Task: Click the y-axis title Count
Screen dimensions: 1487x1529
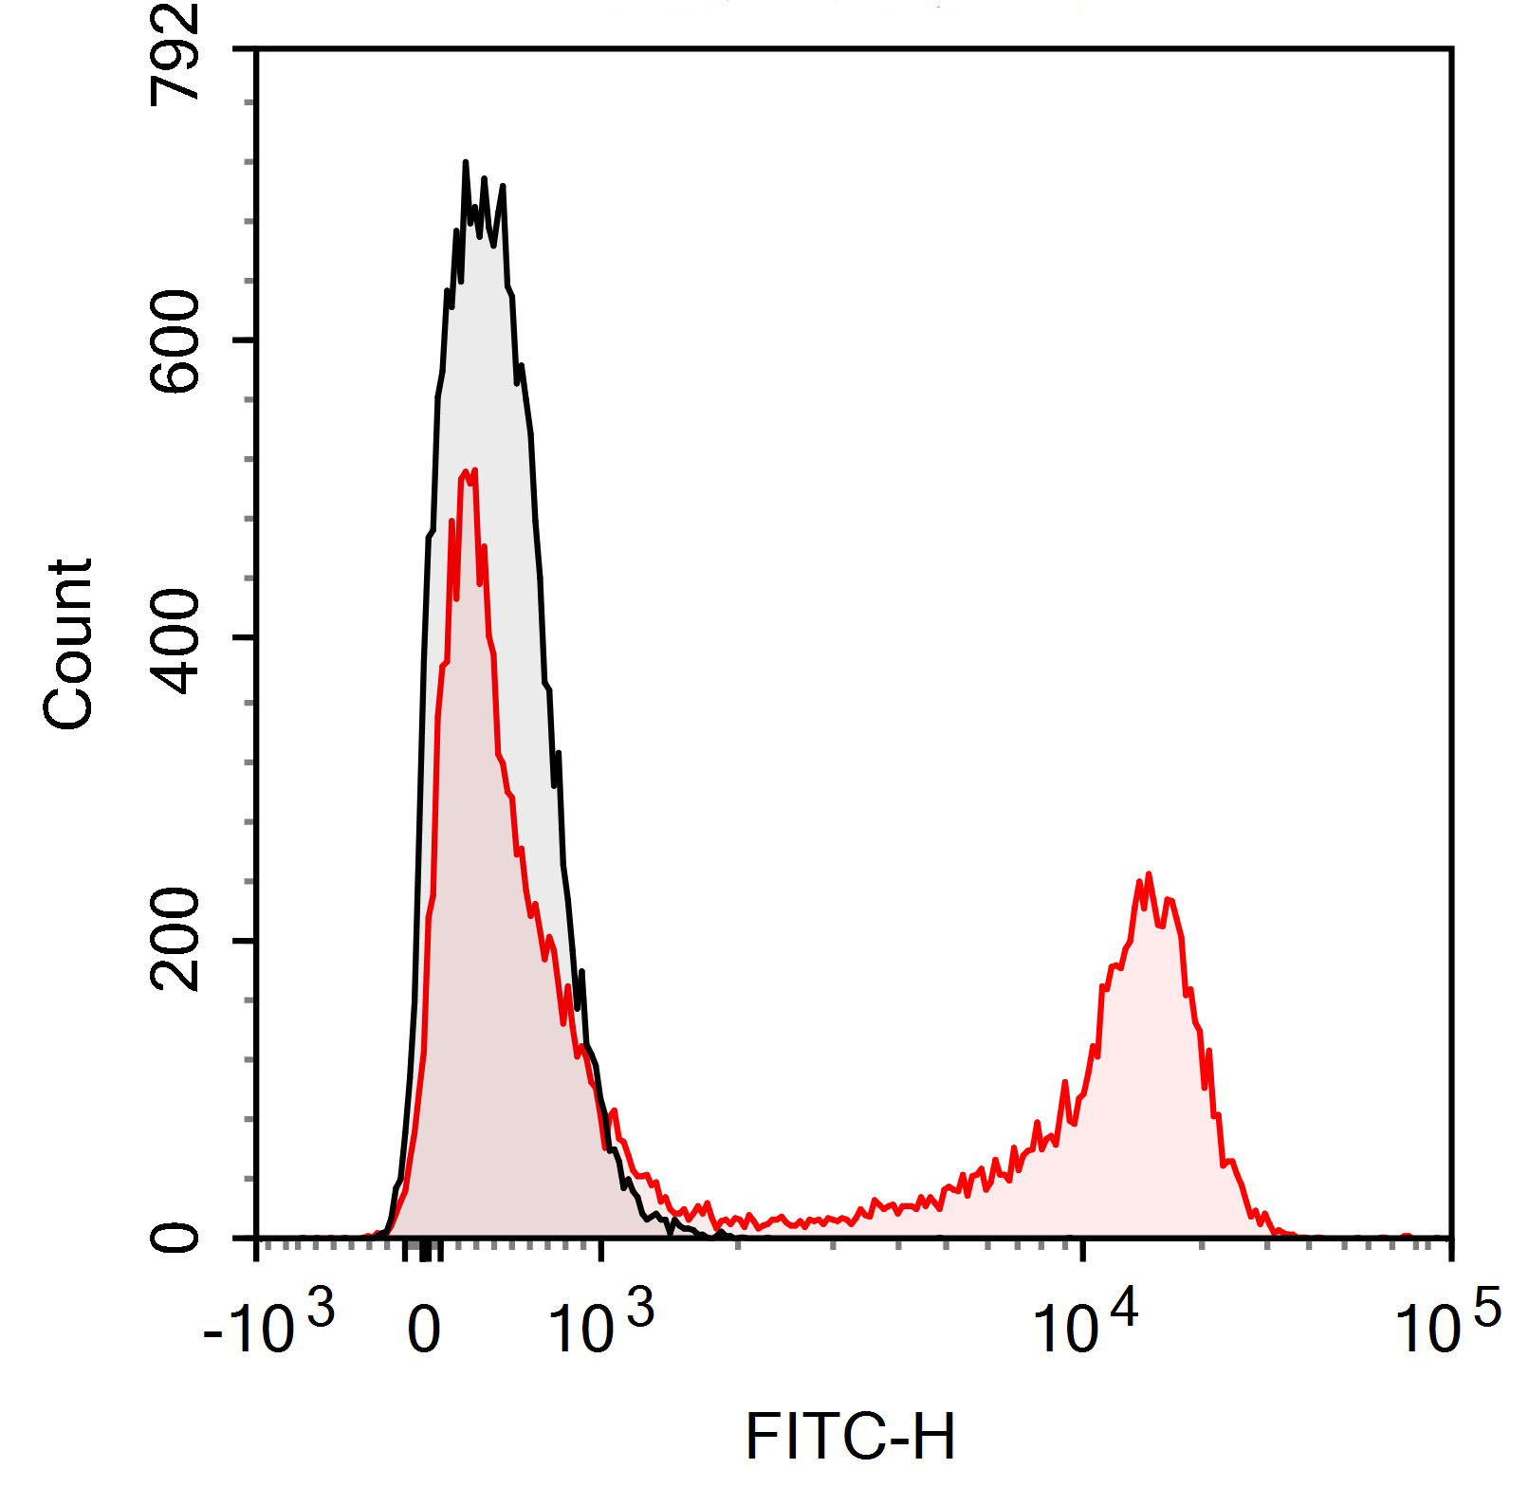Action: [68, 645]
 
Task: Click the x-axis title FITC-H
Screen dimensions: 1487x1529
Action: [850, 1437]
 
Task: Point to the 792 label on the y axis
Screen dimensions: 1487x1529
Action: [177, 52]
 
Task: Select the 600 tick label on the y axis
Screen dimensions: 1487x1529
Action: [177, 340]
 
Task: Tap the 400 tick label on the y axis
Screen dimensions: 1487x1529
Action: [177, 637]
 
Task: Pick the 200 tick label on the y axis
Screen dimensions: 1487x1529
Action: [177, 940]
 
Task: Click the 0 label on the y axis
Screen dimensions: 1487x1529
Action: [177, 1238]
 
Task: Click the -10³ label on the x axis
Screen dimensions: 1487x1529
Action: [268, 1326]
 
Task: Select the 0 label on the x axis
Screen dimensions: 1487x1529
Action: [424, 1331]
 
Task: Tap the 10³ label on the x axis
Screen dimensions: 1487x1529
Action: [600, 1326]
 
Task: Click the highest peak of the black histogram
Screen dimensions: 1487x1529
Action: [466, 163]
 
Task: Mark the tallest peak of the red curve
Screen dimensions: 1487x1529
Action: [472, 469]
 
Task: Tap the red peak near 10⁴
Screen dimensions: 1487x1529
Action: [1149, 874]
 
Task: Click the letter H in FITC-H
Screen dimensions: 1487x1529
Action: [933, 1437]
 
